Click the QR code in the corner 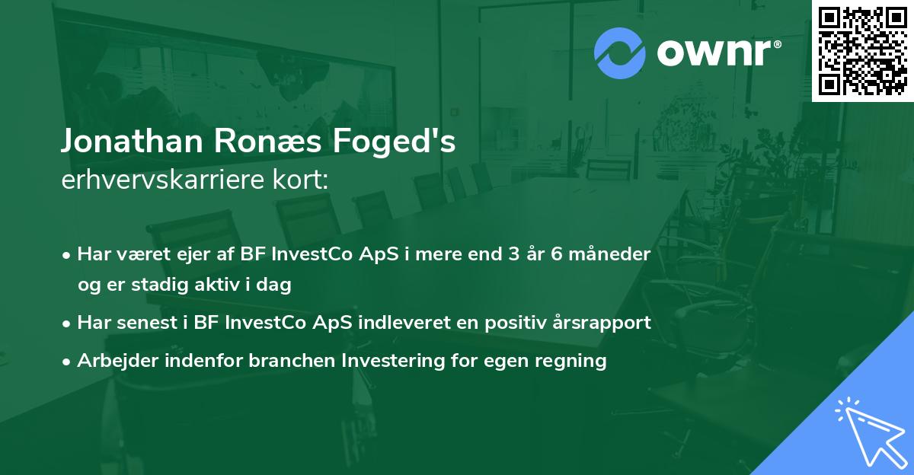pyautogui.click(x=862, y=50)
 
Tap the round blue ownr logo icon pyautogui.click(x=620, y=53)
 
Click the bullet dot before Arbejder pyautogui.click(x=68, y=362)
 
